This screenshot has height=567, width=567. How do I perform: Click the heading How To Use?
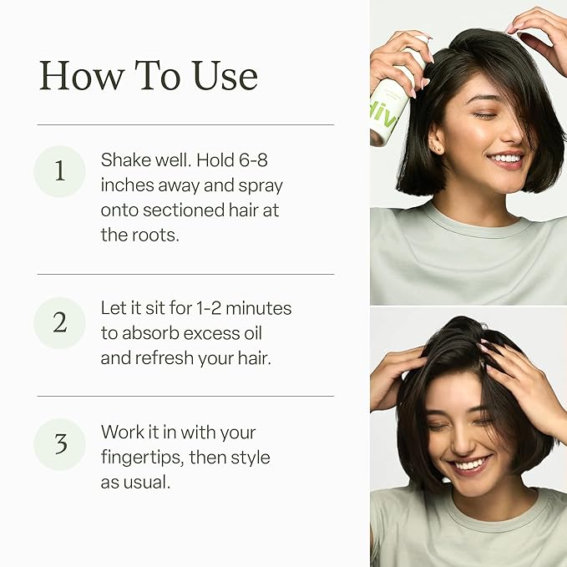(148, 76)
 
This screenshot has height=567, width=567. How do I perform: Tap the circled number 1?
(59, 171)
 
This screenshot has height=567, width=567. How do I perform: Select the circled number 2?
(59, 322)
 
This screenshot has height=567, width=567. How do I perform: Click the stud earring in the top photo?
(441, 150)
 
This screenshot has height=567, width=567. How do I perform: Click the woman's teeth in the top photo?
(506, 158)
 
